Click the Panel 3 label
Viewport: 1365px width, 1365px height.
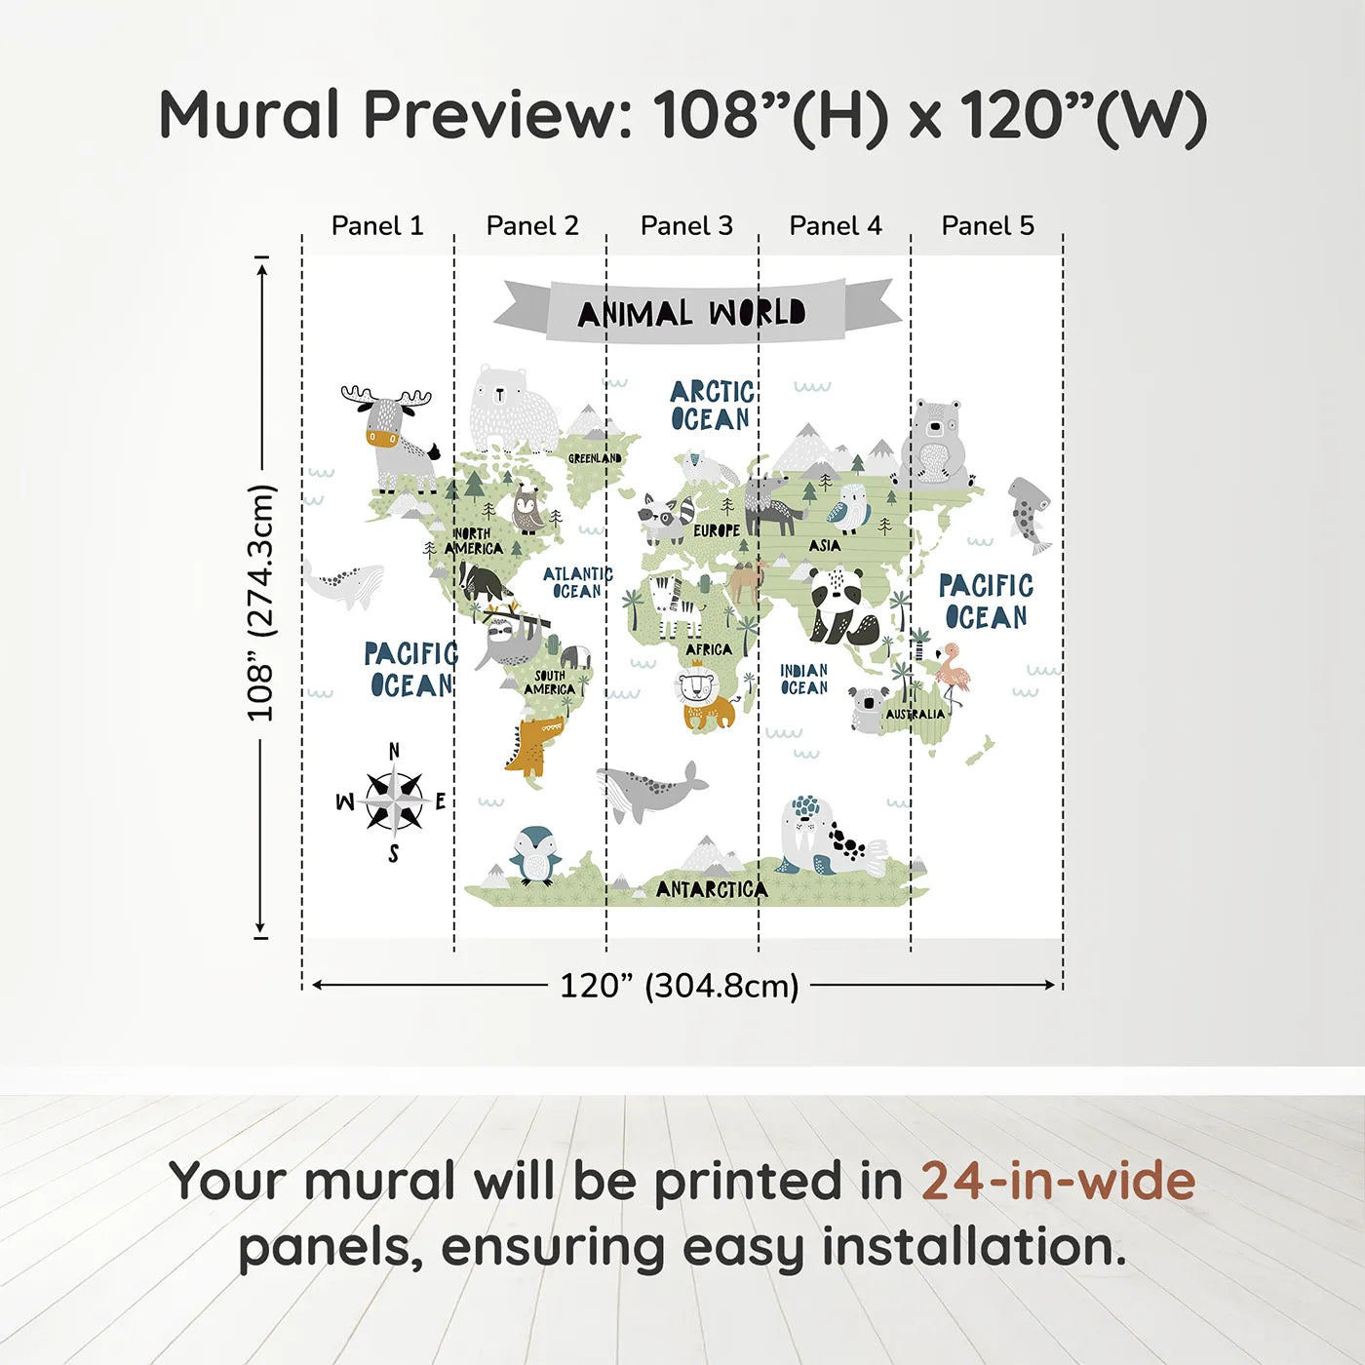pyautogui.click(x=685, y=226)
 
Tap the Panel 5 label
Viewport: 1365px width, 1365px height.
pyautogui.click(x=988, y=226)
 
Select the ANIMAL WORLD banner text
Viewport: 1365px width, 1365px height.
pyautogui.click(x=691, y=313)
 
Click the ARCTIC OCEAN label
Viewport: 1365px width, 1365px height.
pyautogui.click(x=712, y=406)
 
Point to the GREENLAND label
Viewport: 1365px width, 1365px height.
pyautogui.click(x=595, y=458)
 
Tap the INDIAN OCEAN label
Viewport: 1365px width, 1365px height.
pyautogui.click(x=804, y=680)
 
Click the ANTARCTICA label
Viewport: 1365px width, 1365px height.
pyautogui.click(x=712, y=890)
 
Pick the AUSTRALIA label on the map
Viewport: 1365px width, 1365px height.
pyautogui.click(x=916, y=714)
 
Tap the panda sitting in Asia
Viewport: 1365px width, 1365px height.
pyautogui.click(x=843, y=606)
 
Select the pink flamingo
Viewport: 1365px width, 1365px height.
pyautogui.click(x=952, y=674)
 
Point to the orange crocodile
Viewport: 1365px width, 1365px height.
pyautogui.click(x=532, y=746)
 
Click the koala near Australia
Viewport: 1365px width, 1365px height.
pyautogui.click(x=867, y=709)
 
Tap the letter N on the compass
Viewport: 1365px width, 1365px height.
pyautogui.click(x=395, y=751)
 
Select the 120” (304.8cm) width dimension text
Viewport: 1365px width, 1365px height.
pyautogui.click(x=680, y=986)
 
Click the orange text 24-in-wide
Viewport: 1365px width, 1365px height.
pyautogui.click(x=1058, y=1181)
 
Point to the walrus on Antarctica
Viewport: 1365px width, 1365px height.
pyautogui.click(x=828, y=837)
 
